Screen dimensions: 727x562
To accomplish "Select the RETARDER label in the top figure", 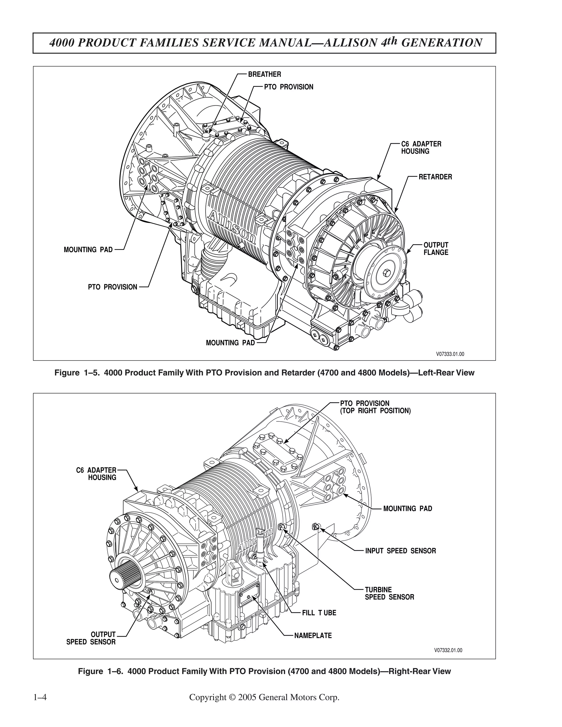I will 435,177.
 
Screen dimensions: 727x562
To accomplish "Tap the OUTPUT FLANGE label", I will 435,249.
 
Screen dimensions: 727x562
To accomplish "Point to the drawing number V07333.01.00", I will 450,354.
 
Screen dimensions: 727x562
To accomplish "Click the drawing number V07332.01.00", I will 448,650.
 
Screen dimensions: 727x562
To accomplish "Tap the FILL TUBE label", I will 319,613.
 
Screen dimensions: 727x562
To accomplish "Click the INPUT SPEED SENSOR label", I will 400,551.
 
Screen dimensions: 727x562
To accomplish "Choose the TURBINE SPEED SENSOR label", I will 389,593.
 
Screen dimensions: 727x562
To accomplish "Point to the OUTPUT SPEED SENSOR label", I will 91,638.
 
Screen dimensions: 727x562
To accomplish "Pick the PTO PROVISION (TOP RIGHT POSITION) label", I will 375,407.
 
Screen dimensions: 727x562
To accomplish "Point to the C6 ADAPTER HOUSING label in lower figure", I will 97,474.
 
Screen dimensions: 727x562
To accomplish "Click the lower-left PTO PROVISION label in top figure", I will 112,287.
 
